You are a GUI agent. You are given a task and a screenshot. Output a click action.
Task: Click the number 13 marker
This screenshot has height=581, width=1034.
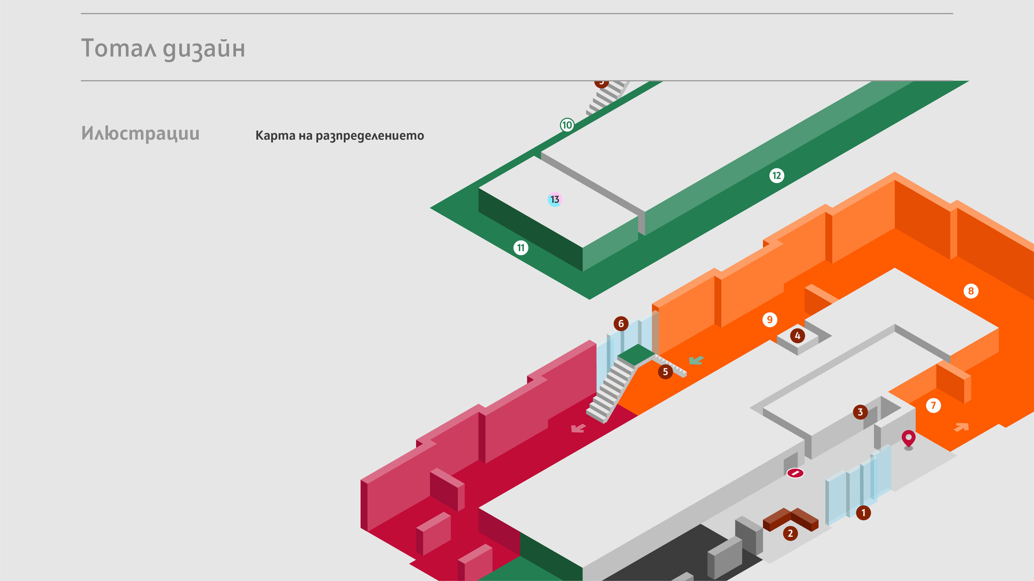click(x=555, y=199)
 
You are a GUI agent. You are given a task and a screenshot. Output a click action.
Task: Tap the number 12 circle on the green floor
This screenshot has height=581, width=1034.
click(x=776, y=176)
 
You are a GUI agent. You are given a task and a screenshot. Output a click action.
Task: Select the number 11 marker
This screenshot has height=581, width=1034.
click(x=521, y=248)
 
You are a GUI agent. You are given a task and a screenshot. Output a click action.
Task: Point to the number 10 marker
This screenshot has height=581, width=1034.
click(x=567, y=125)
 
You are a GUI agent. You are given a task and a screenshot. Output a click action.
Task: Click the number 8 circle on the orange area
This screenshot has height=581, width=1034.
click(x=971, y=291)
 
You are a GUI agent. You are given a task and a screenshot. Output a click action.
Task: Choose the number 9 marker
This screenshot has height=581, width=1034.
click(x=769, y=320)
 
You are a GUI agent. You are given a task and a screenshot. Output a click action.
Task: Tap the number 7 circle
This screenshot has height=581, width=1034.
click(x=933, y=405)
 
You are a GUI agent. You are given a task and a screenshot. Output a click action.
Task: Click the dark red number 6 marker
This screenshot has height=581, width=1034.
click(x=621, y=324)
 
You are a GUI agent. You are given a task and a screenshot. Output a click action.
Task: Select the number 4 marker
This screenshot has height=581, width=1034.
click(x=797, y=336)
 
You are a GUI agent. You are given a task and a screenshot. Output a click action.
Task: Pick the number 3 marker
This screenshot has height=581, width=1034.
click(x=860, y=412)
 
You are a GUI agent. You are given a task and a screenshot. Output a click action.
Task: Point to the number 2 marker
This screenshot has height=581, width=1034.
click(x=790, y=534)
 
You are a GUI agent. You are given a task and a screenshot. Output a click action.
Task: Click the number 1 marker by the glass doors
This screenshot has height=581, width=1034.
click(x=863, y=513)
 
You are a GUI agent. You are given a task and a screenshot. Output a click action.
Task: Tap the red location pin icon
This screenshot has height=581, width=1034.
click(x=909, y=438)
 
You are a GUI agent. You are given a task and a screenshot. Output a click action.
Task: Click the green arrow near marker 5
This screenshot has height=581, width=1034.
click(x=696, y=360)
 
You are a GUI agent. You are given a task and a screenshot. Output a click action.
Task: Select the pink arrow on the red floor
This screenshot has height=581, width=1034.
click(x=578, y=428)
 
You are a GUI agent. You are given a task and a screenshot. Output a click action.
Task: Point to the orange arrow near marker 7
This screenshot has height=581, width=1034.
click(x=962, y=427)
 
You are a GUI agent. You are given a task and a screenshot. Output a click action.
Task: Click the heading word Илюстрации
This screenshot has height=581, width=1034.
click(x=140, y=133)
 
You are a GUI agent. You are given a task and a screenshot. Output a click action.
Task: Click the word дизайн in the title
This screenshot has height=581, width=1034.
click(x=204, y=49)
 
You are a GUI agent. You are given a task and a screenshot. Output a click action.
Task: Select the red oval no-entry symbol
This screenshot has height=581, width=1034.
click(x=795, y=473)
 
